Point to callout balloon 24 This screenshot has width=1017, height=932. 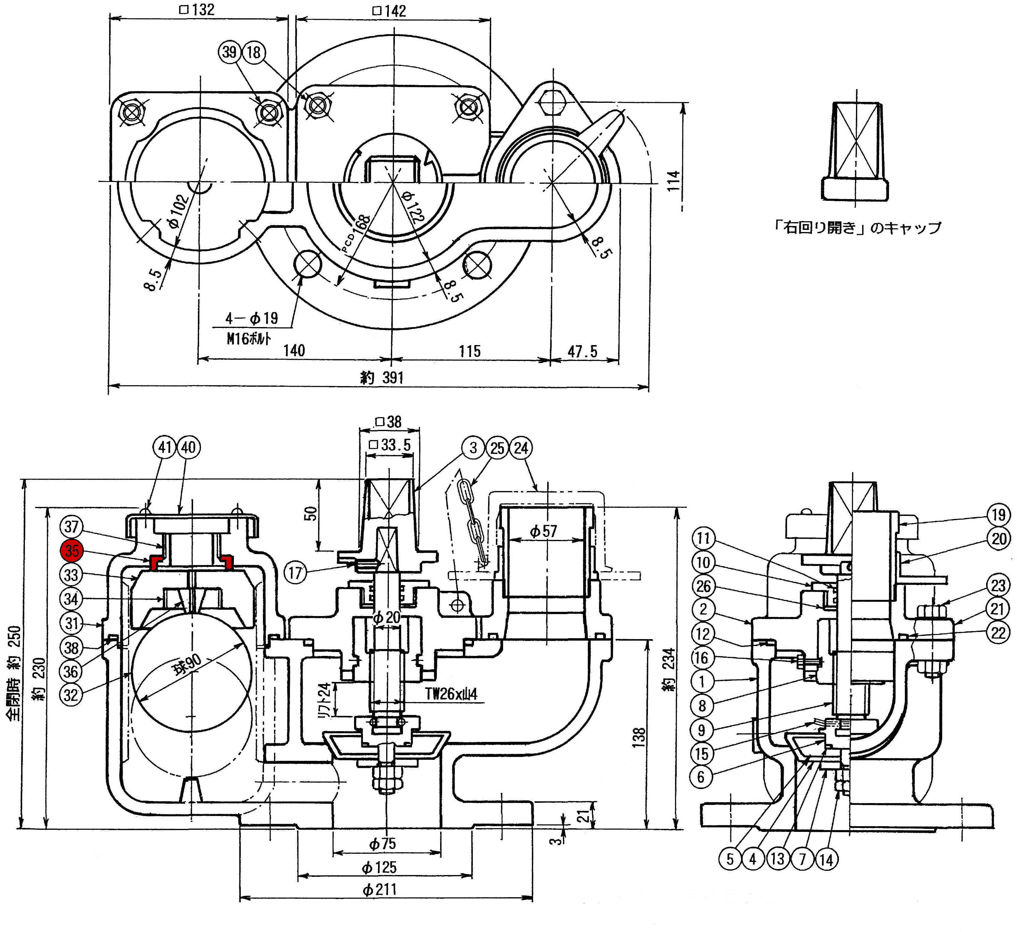[521, 448]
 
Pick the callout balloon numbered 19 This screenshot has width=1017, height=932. [999, 515]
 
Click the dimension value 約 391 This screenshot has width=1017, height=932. [382, 377]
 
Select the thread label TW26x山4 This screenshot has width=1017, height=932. [451, 694]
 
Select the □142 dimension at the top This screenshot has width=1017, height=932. [389, 10]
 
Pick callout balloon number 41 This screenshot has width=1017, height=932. [165, 447]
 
